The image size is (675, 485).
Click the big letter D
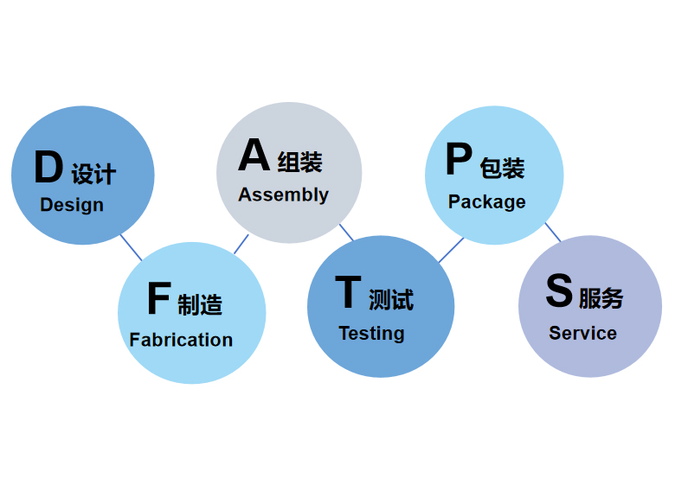click(x=48, y=168)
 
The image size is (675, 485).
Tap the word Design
click(x=72, y=205)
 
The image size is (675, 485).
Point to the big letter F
click(x=159, y=299)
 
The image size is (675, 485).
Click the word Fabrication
click(x=181, y=340)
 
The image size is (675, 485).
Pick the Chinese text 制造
click(x=200, y=304)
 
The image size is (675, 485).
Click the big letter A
click(x=254, y=156)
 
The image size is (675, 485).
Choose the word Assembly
click(x=284, y=195)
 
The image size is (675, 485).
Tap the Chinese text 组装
click(x=299, y=162)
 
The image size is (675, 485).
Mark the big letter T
click(x=348, y=292)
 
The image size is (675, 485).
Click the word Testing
click(x=371, y=333)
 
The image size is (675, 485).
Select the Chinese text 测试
click(x=391, y=299)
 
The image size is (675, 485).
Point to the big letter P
click(x=459, y=161)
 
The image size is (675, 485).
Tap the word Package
click(x=487, y=201)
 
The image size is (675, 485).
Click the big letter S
click(x=559, y=292)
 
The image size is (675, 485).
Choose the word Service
click(x=582, y=333)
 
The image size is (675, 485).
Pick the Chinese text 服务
click(x=601, y=298)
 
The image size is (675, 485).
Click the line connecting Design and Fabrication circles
click(x=131, y=246)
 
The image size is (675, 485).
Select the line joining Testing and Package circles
click(x=450, y=251)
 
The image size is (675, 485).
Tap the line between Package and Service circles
click(x=552, y=232)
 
